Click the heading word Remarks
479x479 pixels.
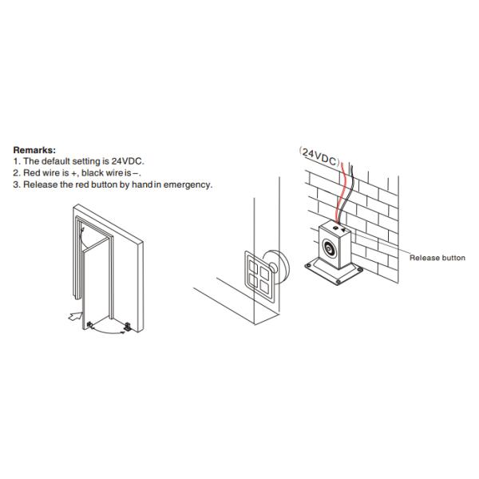(34, 150)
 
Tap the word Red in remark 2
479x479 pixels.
(31, 172)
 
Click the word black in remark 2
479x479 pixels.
(93, 172)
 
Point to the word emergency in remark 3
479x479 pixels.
(188, 184)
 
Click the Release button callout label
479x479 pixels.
(437, 258)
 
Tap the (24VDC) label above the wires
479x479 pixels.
(320, 157)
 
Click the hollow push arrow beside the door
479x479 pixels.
(75, 316)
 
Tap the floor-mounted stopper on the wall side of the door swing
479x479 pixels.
(128, 327)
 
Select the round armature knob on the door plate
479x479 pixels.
(273, 268)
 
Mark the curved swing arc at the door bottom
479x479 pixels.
(107, 332)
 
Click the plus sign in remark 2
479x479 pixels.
(73, 173)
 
